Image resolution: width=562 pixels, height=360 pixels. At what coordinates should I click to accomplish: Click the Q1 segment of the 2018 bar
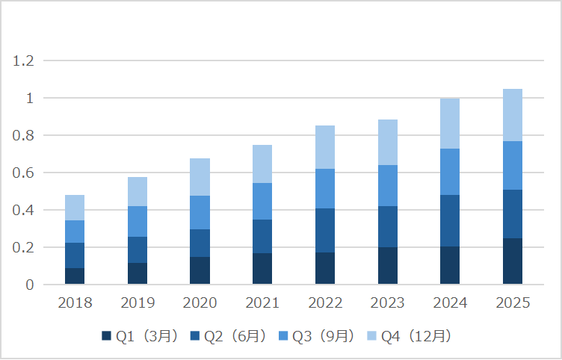pyautogui.click(x=75, y=276)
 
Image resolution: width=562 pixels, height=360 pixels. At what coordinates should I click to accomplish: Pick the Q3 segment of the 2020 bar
pyautogui.click(x=200, y=212)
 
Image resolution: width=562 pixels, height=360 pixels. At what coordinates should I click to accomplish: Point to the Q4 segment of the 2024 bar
pyautogui.click(x=449, y=123)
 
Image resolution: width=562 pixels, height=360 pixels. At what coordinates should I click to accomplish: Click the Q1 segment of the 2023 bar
pyautogui.click(x=387, y=265)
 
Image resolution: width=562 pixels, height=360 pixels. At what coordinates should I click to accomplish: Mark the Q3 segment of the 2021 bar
pyautogui.click(x=262, y=201)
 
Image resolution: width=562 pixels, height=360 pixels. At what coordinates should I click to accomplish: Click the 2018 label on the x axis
pyautogui.click(x=75, y=302)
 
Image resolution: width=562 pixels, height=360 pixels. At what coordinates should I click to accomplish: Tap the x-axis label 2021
pyautogui.click(x=262, y=302)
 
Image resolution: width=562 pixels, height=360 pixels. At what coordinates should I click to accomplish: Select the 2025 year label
pyautogui.click(x=512, y=302)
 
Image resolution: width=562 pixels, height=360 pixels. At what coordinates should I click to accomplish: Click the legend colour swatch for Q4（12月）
pyautogui.click(x=372, y=336)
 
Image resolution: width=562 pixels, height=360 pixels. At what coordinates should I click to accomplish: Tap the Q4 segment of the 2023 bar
pyautogui.click(x=387, y=142)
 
